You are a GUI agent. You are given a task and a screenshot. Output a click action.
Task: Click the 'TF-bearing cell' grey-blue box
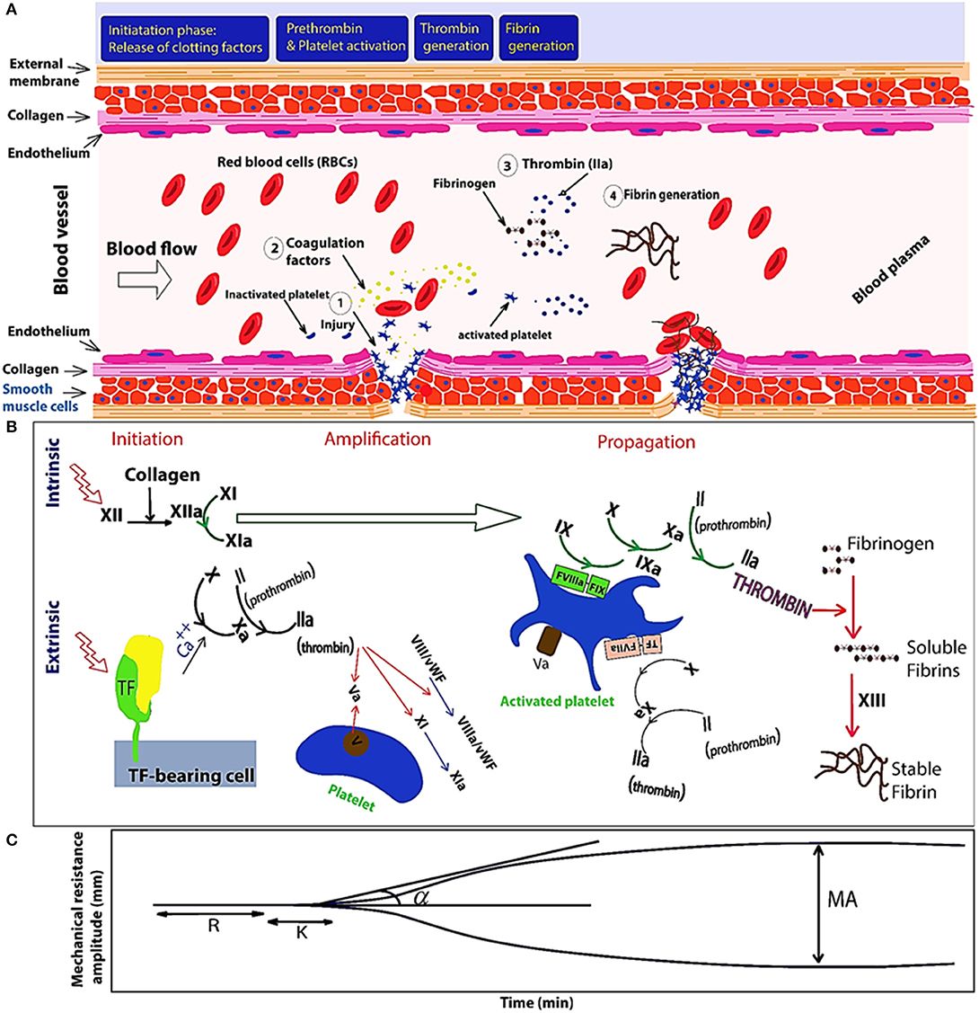(186, 762)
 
